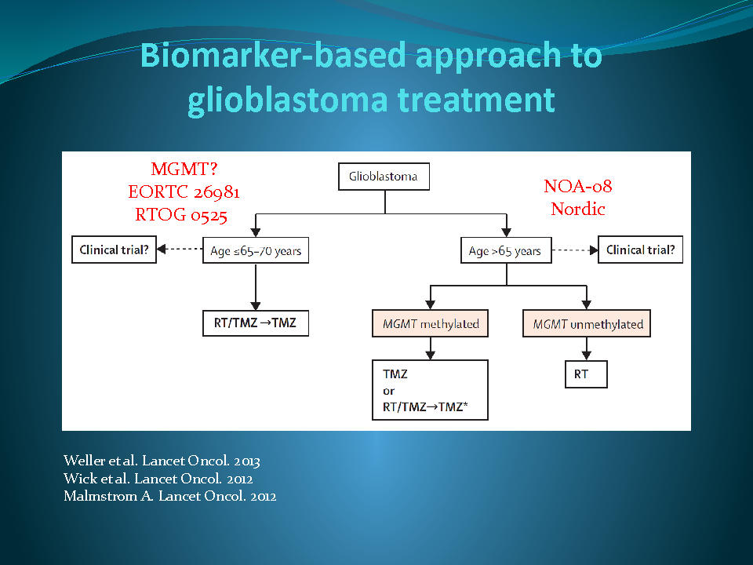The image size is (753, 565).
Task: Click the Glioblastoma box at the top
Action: (x=384, y=177)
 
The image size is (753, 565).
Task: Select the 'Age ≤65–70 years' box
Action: (x=255, y=251)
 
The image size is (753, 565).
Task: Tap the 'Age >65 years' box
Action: (x=505, y=251)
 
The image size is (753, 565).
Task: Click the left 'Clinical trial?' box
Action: (x=114, y=250)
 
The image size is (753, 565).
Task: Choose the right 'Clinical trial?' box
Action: (x=640, y=250)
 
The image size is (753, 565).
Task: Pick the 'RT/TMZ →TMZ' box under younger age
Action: (x=255, y=323)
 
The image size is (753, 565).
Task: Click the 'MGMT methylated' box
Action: (x=430, y=324)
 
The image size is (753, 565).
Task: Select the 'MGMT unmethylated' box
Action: (x=587, y=324)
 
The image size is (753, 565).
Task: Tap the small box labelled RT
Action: (x=585, y=374)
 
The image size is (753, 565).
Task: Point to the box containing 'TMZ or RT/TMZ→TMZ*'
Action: (x=430, y=390)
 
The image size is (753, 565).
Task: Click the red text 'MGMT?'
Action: (x=184, y=169)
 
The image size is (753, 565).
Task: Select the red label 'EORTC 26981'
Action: (x=184, y=192)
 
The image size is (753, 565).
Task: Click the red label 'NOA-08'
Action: (x=578, y=187)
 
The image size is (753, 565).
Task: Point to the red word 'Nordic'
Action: (x=578, y=210)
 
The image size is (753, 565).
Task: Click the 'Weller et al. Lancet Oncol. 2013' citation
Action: (x=162, y=461)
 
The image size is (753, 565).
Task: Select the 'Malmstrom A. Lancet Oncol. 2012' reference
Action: (x=169, y=495)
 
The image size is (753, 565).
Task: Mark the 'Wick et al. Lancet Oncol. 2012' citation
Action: (x=158, y=478)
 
